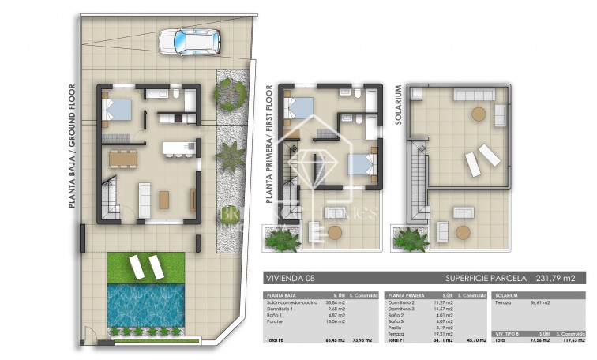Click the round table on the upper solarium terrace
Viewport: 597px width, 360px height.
point(479,114)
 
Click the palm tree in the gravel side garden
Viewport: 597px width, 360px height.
point(231,156)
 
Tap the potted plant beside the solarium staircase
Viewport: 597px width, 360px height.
point(411,238)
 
